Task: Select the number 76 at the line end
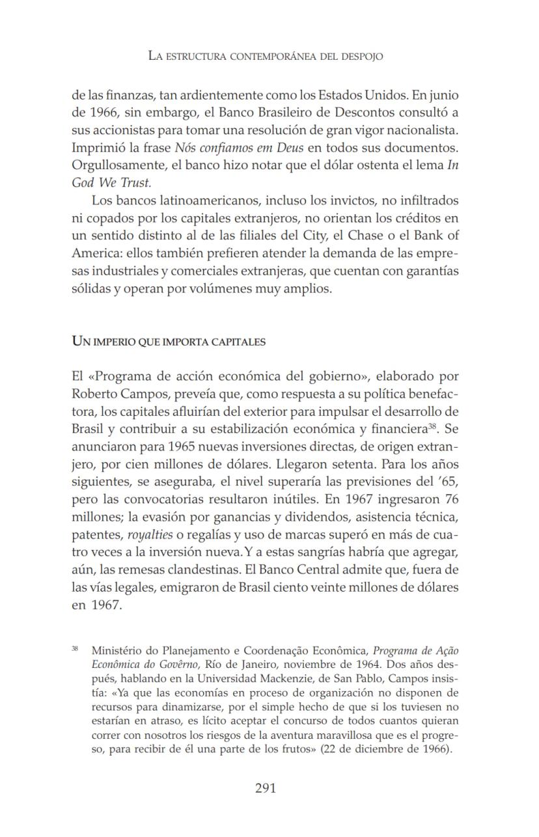449,500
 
